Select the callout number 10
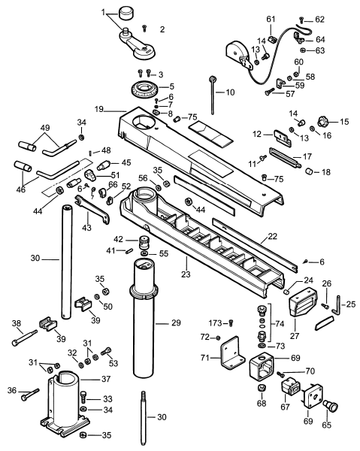pos(230,92)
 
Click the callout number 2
pos(162,29)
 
